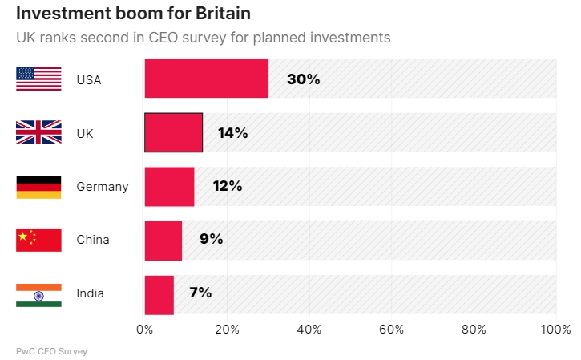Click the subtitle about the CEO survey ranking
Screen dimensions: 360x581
click(203, 38)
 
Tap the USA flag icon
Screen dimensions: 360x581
click(38, 79)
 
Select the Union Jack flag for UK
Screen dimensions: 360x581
click(38, 133)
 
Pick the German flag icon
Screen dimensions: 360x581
click(38, 187)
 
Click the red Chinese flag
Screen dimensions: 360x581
click(38, 240)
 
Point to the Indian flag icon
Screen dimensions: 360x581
click(38, 293)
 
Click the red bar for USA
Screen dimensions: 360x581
click(206, 79)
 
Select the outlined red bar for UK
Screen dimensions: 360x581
click(173, 132)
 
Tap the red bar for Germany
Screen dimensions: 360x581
click(169, 186)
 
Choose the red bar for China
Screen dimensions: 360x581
click(163, 240)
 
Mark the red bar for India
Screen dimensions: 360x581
click(159, 293)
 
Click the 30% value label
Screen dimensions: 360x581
click(304, 79)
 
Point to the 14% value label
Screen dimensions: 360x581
click(232, 133)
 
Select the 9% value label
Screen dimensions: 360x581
click(212, 239)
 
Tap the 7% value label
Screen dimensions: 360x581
click(200, 293)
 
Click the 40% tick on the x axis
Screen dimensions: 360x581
click(309, 330)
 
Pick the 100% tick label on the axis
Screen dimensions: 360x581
click(555, 330)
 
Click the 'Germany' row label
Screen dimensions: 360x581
click(102, 187)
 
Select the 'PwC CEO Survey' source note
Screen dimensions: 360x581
click(51, 351)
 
